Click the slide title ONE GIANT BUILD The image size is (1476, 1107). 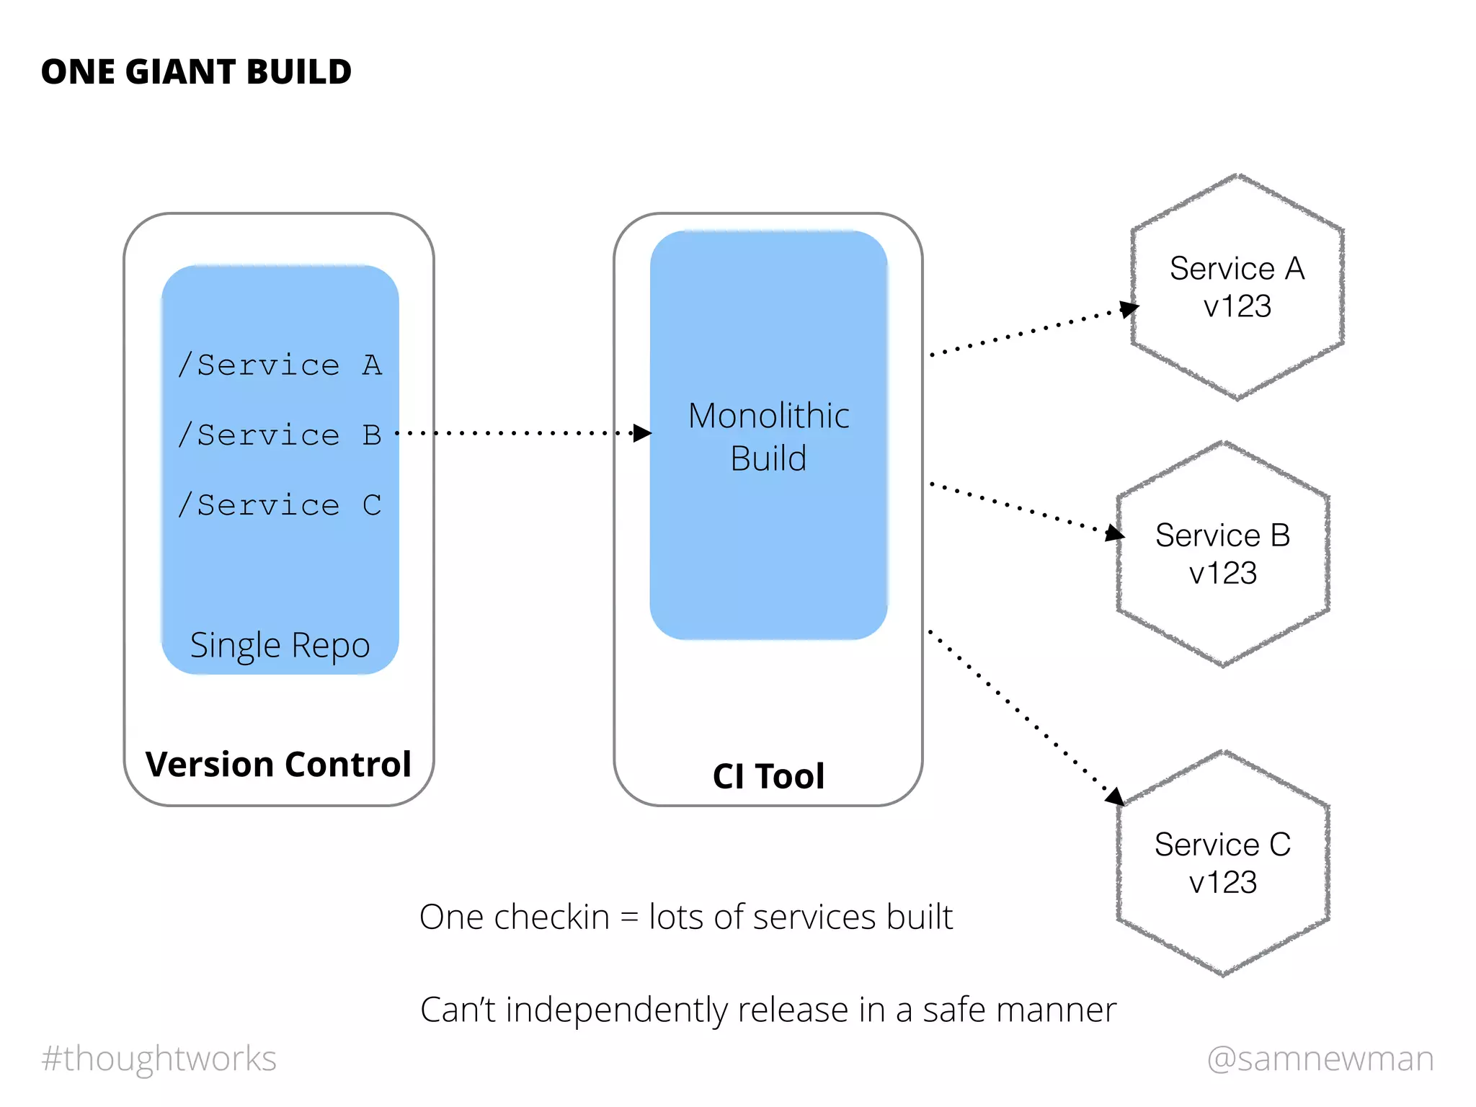coord(196,72)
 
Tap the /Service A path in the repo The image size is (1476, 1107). coord(280,365)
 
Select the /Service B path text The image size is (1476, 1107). coord(280,435)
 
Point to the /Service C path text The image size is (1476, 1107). coord(280,505)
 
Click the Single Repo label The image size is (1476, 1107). coord(280,645)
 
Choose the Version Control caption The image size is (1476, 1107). coord(278,764)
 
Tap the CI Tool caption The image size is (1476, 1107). coord(768,776)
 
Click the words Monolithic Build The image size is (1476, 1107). coord(768,437)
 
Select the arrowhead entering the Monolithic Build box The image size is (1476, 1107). coord(642,433)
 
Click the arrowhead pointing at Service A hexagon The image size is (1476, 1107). coord(1129,309)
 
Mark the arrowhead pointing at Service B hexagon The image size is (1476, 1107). coord(1114,533)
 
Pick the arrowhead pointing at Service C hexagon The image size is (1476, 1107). coord(1115,796)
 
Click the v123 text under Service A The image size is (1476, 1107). coord(1237,307)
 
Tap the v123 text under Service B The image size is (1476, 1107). coord(1222,574)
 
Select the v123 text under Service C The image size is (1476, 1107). coord(1222,883)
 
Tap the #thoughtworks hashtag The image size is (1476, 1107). coord(159,1059)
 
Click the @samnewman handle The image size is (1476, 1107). coord(1320,1059)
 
